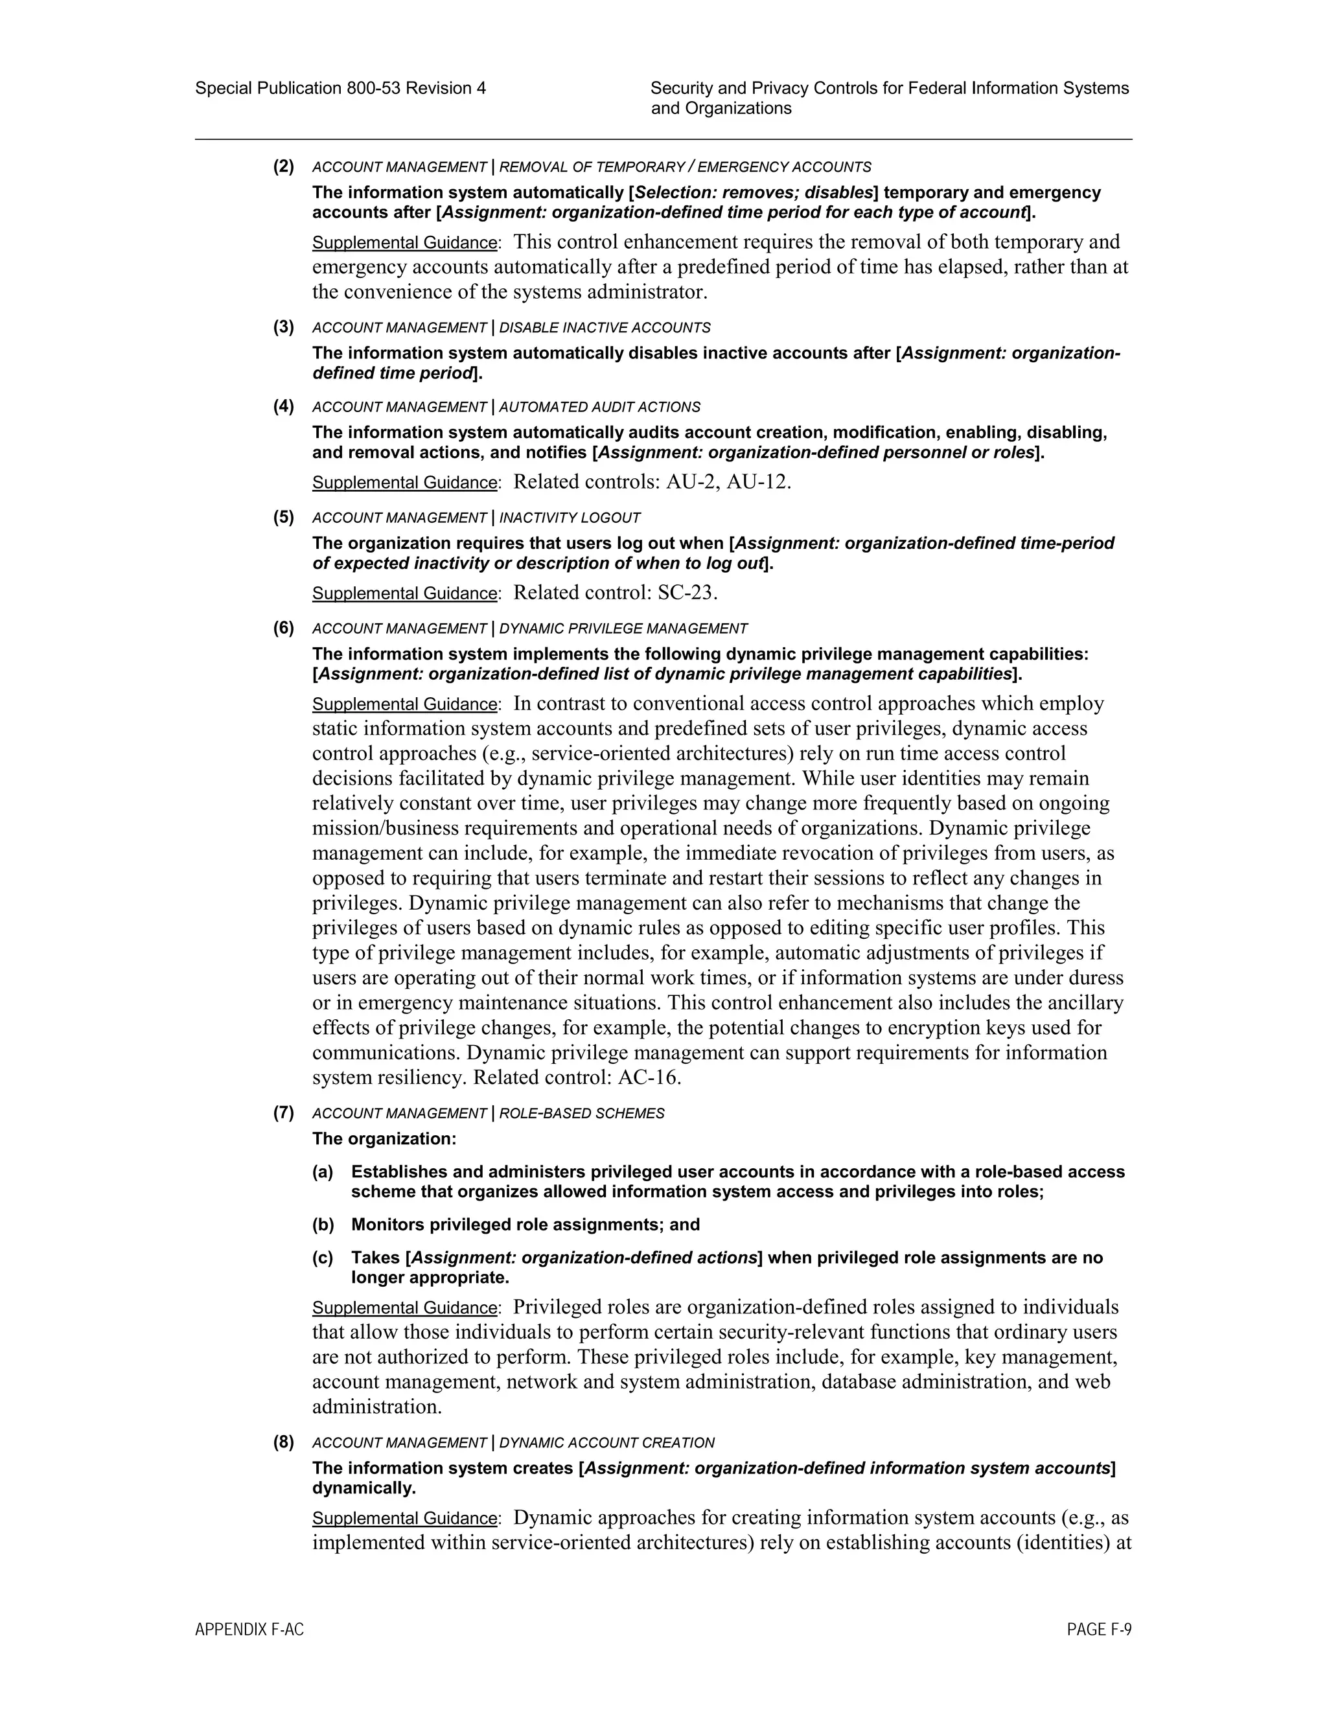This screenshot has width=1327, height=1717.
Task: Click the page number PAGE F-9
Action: point(1098,1630)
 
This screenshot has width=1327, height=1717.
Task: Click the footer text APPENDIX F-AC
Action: point(249,1630)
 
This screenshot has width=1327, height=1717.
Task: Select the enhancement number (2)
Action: point(284,166)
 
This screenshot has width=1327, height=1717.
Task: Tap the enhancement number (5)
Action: point(284,516)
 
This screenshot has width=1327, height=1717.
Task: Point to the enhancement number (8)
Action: point(284,1442)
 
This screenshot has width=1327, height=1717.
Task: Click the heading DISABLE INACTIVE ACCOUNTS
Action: point(605,328)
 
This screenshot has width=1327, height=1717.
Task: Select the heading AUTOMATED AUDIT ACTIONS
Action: point(599,408)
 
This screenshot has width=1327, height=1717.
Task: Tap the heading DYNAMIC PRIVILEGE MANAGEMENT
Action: point(623,629)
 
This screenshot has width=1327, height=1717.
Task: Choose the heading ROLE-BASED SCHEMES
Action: point(581,1113)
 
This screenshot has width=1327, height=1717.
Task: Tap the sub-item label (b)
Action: point(323,1224)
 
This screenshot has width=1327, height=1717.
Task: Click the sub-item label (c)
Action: point(323,1257)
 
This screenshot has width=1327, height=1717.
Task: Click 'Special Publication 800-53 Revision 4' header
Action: point(340,88)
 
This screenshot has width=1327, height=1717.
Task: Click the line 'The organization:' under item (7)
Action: point(384,1138)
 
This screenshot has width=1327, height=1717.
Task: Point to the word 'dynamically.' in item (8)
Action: point(364,1488)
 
